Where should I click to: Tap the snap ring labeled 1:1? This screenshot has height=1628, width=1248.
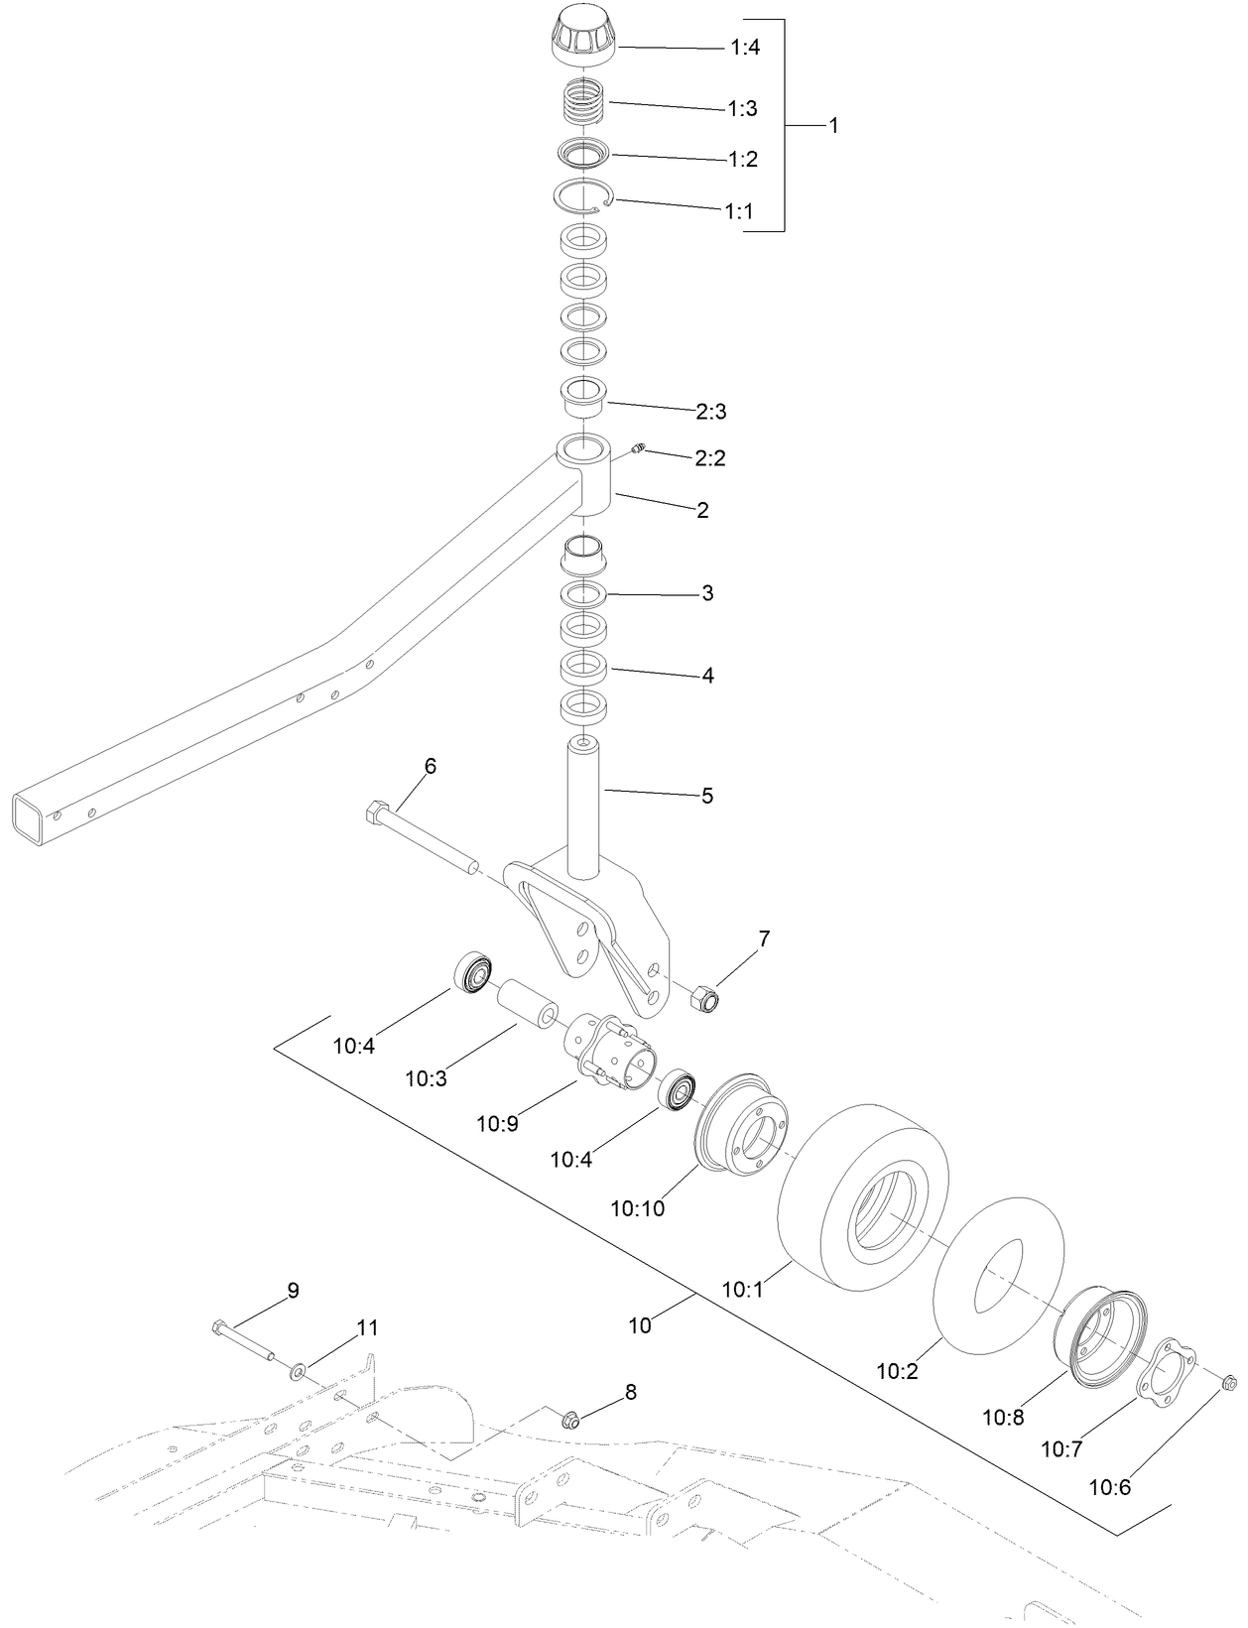click(582, 196)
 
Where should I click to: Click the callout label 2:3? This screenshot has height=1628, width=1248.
click(710, 411)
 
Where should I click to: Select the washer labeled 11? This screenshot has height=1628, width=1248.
click(298, 1372)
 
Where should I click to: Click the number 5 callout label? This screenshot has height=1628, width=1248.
click(707, 796)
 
